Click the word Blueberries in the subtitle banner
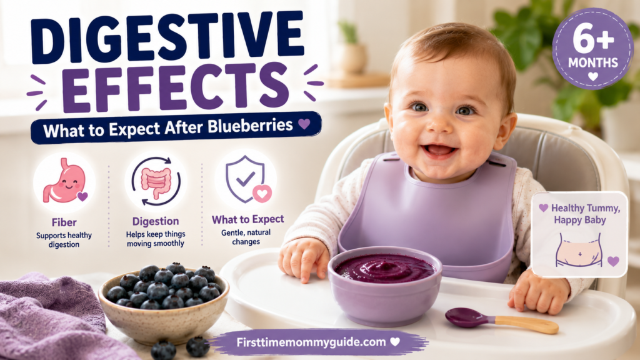click(x=250, y=126)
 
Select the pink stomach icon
click(x=65, y=181)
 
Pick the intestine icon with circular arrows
click(x=156, y=181)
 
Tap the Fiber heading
click(x=64, y=222)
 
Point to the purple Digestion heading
click(x=156, y=221)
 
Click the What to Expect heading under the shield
click(x=247, y=219)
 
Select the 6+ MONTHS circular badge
click(x=592, y=49)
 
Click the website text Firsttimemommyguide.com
click(x=311, y=342)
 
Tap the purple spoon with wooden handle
click(x=501, y=319)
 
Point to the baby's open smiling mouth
click(x=439, y=150)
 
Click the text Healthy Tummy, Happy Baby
click(x=580, y=214)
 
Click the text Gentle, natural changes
click(x=246, y=237)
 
